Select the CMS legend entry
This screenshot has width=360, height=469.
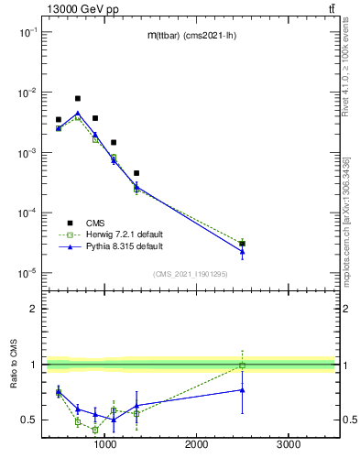click(x=95, y=223)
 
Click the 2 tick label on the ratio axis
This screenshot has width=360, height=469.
click(x=32, y=309)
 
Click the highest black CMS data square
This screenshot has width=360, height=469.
click(x=78, y=98)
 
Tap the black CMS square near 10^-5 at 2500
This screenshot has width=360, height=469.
click(x=243, y=244)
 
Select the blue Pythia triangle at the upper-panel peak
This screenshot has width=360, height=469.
click(x=78, y=114)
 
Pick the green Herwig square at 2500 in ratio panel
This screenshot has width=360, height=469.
click(x=243, y=365)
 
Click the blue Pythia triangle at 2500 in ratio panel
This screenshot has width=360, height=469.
click(x=243, y=389)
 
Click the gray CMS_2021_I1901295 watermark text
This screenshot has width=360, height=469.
click(x=190, y=275)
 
